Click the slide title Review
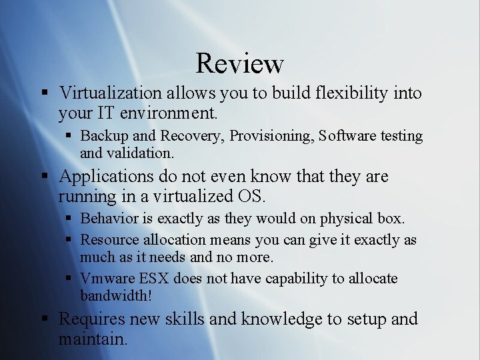240,63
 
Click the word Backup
105,136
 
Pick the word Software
347,136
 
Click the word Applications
106,177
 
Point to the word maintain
91,339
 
